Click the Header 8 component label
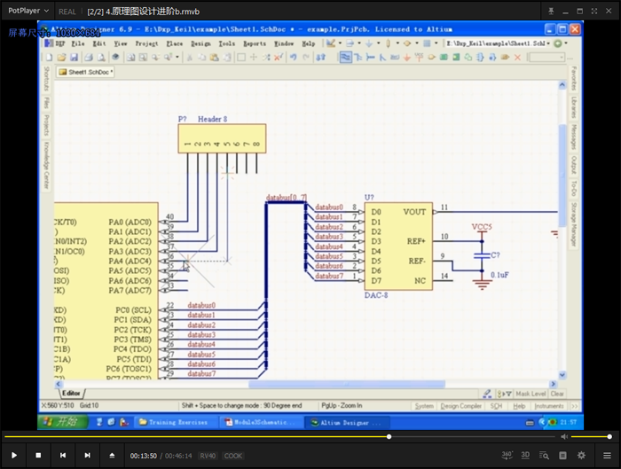(212, 119)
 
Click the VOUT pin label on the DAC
(414, 212)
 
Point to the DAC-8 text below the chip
(377, 294)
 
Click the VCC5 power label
(482, 228)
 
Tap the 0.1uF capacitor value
(500, 276)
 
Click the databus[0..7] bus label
(287, 197)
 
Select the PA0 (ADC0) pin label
(130, 222)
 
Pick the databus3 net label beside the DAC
(329, 237)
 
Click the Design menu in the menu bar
(200, 43)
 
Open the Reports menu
(255, 43)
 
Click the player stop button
(38, 455)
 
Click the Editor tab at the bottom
(71, 393)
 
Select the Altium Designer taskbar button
(341, 423)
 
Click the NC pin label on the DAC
(419, 281)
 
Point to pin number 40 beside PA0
(169, 217)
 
